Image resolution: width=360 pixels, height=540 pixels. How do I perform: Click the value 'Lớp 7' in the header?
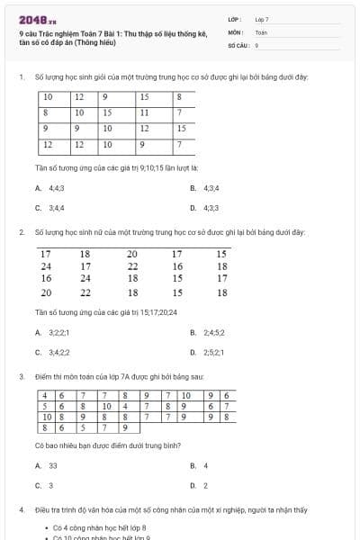262,19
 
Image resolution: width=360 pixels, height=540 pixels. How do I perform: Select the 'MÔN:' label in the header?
236,31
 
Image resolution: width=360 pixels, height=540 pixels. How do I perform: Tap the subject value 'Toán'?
261,31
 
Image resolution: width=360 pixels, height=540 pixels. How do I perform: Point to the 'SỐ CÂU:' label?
238,44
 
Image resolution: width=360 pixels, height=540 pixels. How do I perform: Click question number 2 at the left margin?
21,232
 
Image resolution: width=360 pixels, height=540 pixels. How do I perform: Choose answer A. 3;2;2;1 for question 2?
53,332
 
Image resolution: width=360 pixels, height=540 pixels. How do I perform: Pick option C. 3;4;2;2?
53,352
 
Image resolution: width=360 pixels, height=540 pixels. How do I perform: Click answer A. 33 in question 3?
47,465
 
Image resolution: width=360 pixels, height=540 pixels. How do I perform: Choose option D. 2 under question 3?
199,485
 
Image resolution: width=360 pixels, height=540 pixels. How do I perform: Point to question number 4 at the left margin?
21,509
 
